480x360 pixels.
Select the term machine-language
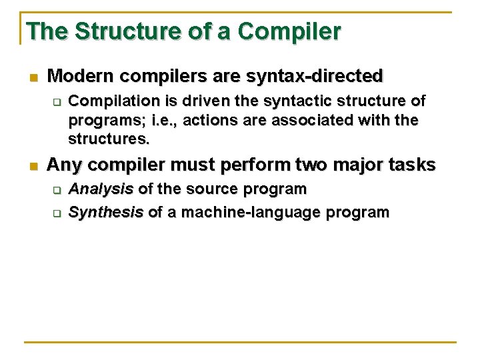(x=251, y=213)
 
